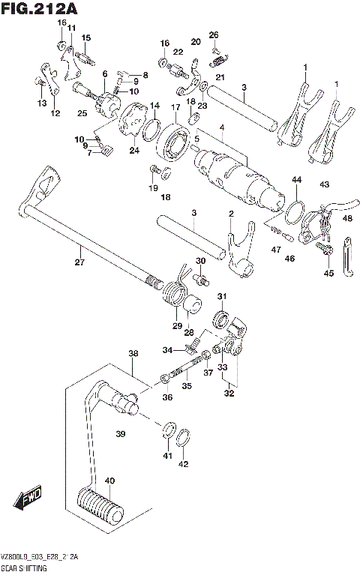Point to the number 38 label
point(133,353)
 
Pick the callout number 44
point(297,180)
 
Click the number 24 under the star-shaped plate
point(134,150)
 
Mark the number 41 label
point(167,455)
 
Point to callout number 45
point(328,274)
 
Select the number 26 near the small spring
point(214,34)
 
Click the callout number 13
point(41,103)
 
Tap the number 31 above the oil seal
point(222,298)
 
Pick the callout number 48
point(347,218)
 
